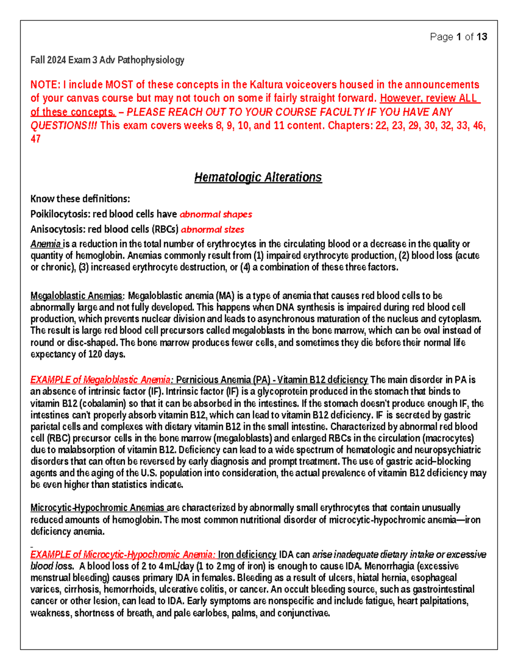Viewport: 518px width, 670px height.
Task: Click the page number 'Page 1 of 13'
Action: (458, 37)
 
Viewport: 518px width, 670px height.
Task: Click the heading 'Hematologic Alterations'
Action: (258, 177)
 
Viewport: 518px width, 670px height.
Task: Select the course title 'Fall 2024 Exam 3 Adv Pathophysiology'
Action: (107, 60)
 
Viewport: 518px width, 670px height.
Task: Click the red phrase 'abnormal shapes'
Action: (216, 214)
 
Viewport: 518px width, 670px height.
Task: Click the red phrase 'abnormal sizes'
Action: (212, 229)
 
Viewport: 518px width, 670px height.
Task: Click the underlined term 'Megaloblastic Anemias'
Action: (76, 296)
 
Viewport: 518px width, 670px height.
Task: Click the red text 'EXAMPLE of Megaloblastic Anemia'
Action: (100, 380)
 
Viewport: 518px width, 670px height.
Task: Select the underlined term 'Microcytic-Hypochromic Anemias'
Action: (97, 508)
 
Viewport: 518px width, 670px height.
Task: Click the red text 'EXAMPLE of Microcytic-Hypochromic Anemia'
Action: (122, 554)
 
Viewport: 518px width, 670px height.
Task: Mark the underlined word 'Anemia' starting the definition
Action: (45, 244)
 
